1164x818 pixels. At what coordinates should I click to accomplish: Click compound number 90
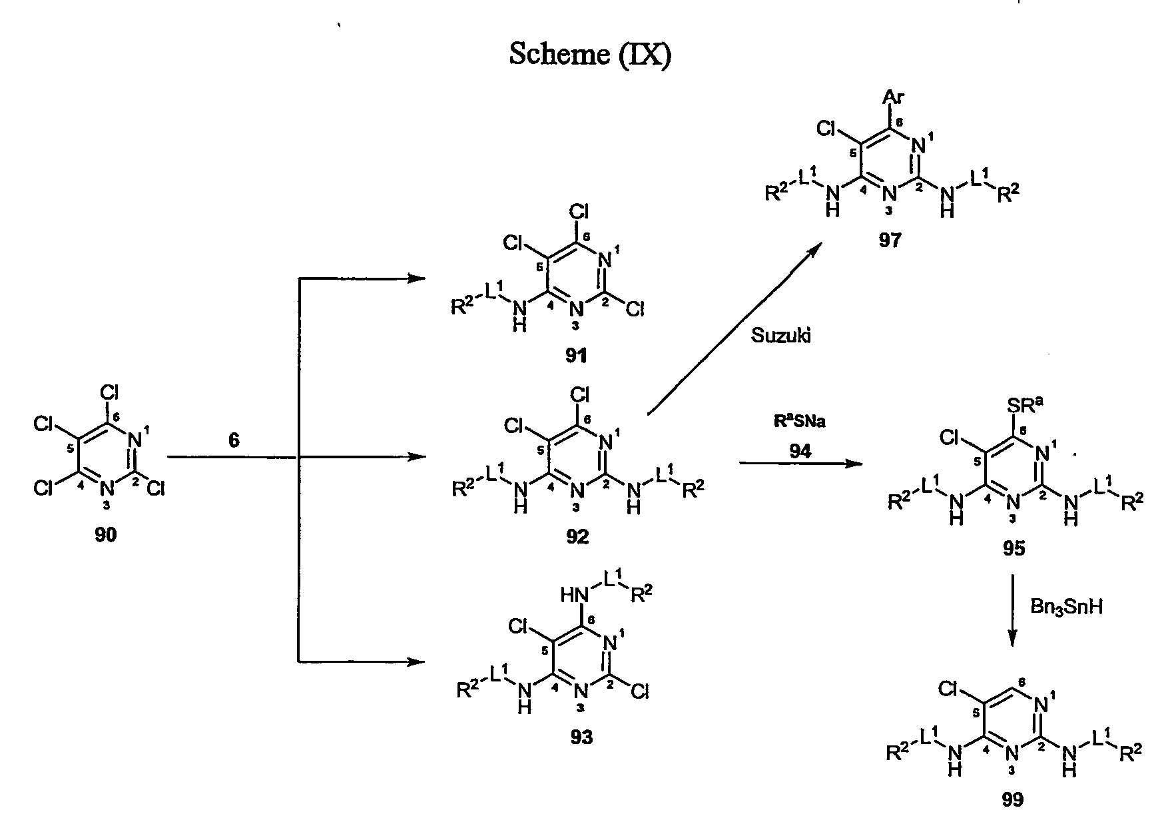pyautogui.click(x=105, y=535)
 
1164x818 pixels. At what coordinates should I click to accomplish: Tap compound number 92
pyautogui.click(x=577, y=536)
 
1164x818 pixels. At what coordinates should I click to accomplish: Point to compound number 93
pyautogui.click(x=581, y=737)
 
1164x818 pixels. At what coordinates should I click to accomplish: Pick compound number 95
pyautogui.click(x=1014, y=548)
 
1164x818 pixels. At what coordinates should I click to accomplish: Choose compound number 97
pyautogui.click(x=890, y=240)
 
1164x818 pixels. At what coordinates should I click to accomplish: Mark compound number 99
pyautogui.click(x=1013, y=799)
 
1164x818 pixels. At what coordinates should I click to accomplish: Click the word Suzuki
pyautogui.click(x=781, y=336)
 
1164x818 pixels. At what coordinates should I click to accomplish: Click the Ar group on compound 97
pyautogui.click(x=893, y=99)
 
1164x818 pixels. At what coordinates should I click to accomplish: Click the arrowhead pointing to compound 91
pyautogui.click(x=416, y=278)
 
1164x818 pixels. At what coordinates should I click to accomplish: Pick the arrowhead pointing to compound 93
pyautogui.click(x=416, y=661)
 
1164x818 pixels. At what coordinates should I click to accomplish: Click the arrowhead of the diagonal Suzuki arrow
pyautogui.click(x=814, y=252)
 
